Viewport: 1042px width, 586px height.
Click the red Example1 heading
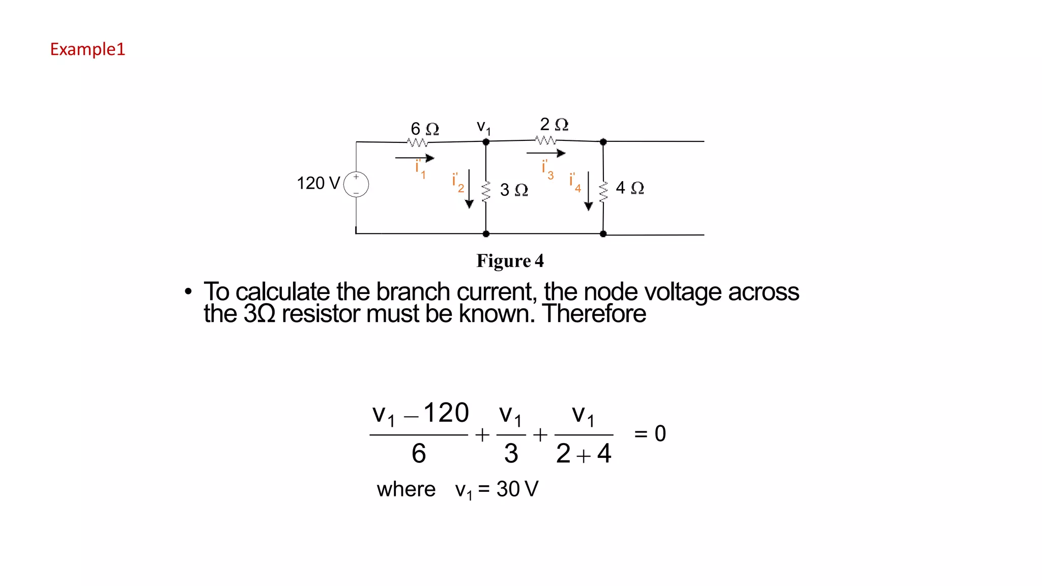click(88, 49)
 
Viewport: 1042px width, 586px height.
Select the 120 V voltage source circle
click(356, 184)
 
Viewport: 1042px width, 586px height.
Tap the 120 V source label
click(318, 183)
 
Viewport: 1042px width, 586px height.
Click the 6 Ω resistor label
click(425, 129)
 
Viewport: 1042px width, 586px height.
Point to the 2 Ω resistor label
click(554, 124)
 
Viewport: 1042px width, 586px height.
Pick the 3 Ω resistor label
click(514, 190)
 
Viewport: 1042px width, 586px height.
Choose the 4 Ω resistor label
click(630, 188)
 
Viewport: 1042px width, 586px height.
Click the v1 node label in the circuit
click(483, 127)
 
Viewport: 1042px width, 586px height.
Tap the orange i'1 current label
click(420, 169)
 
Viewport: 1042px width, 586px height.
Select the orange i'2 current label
click(458, 182)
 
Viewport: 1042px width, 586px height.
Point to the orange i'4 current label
click(575, 182)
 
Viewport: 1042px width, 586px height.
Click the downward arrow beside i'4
click(589, 191)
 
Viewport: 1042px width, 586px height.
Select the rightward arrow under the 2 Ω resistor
click(546, 153)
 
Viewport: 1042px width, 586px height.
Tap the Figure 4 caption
click(510, 261)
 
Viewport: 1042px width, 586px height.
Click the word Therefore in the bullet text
click(594, 314)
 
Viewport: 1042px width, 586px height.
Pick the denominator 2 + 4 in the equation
click(584, 453)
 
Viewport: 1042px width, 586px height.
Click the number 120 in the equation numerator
click(446, 413)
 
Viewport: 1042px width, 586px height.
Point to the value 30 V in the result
click(517, 489)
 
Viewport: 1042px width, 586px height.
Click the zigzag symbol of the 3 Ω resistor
click(486, 192)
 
